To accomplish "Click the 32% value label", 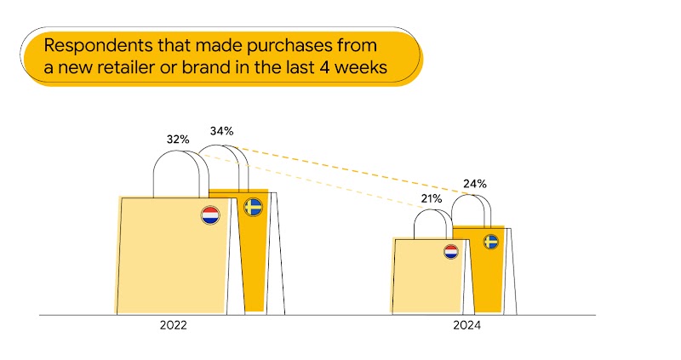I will [x=177, y=137].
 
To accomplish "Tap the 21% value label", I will [x=431, y=198].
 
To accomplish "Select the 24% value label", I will [x=474, y=183].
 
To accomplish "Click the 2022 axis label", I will [x=173, y=326].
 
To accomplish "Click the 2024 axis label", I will [x=467, y=326].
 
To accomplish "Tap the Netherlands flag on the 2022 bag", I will [x=210, y=215].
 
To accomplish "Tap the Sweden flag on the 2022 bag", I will [x=253, y=207].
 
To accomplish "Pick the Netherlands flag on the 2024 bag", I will [x=450, y=252].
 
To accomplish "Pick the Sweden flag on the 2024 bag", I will [x=491, y=242].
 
